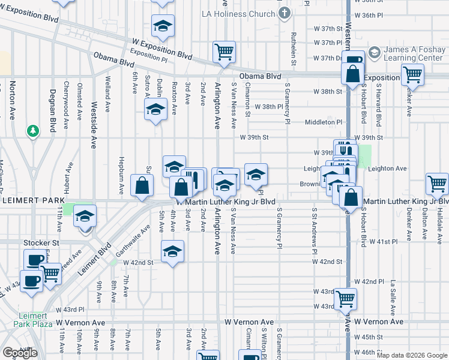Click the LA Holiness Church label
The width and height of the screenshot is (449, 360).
[241, 13]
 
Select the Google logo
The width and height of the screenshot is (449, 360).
[20, 352]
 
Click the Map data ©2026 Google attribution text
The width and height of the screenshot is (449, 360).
[411, 355]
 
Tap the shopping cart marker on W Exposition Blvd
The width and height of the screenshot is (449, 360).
[224, 52]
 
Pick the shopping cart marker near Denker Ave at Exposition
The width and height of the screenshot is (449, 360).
[412, 76]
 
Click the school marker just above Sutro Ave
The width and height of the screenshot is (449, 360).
[155, 109]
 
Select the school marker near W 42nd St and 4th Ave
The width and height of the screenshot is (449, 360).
[172, 251]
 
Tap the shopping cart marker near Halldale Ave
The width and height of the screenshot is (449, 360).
[436, 184]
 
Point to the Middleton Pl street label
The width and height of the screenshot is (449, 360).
[323, 122]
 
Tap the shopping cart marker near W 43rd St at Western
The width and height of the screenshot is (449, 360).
[345, 298]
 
